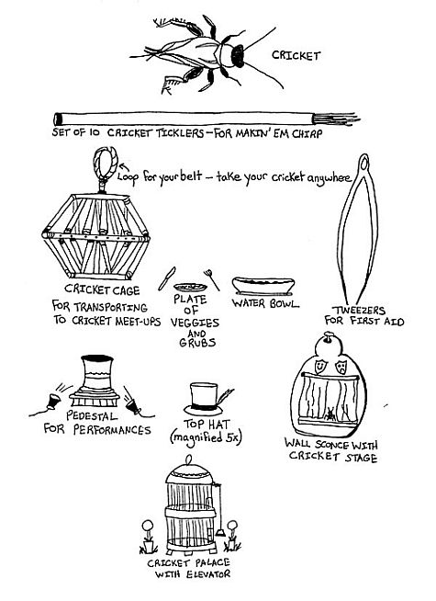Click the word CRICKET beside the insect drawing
[296, 55]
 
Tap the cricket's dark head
[238, 56]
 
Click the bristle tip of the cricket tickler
[336, 119]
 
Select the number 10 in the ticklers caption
[95, 132]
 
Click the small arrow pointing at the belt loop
[124, 167]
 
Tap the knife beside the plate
[166, 278]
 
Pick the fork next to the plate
[211, 279]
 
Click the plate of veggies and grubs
[190, 287]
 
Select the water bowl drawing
[263, 286]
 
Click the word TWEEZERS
[358, 310]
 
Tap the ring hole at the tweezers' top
[364, 163]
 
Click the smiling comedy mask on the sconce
[319, 366]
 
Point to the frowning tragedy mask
[340, 367]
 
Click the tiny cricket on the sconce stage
[330, 414]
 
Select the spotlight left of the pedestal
[53, 402]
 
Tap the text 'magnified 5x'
[206, 437]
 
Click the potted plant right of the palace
[231, 536]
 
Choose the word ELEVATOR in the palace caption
[208, 574]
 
